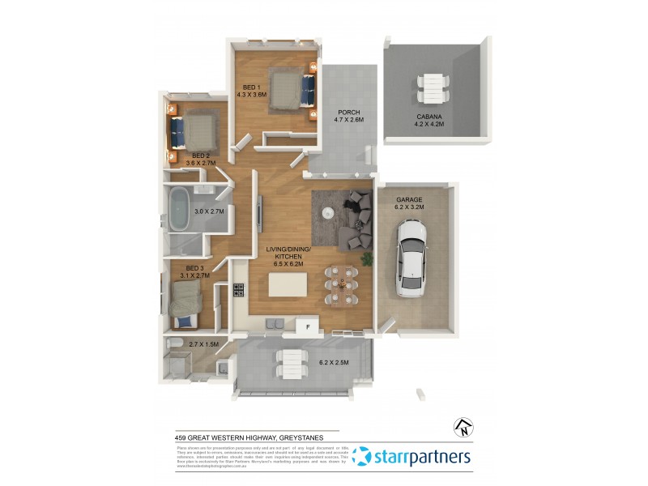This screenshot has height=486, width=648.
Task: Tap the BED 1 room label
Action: tap(251, 87)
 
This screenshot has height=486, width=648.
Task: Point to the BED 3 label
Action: tap(195, 268)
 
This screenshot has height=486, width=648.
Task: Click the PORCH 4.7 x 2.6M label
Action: tap(348, 116)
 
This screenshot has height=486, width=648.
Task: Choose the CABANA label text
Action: tap(430, 117)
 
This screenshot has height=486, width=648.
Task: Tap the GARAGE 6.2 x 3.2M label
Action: tap(410, 203)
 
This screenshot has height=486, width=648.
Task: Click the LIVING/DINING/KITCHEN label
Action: tap(284, 256)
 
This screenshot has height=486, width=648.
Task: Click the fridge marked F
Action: tap(308, 326)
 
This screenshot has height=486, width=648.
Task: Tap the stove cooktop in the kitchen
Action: tap(239, 289)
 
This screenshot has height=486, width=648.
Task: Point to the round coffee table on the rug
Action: tap(327, 213)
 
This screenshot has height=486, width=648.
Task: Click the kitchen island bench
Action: tap(288, 285)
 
